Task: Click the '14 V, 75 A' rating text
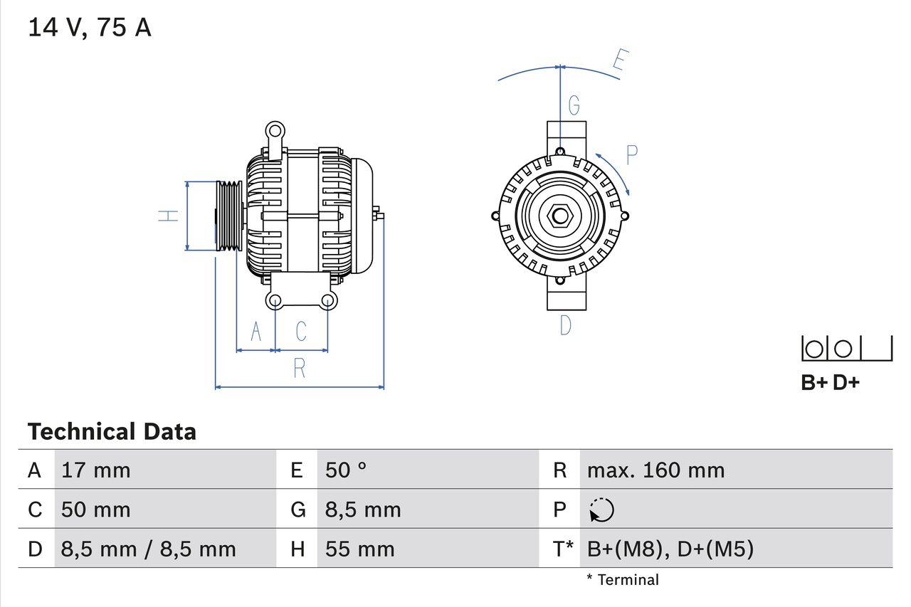coord(90,27)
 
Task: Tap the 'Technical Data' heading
coord(112,431)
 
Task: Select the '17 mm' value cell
coord(95,470)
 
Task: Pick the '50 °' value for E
coord(346,470)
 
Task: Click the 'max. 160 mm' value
coord(655,470)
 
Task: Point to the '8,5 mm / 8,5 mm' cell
coord(148,549)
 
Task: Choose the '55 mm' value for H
coord(359,549)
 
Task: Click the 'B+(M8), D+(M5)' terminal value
coord(670,549)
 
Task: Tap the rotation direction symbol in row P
coord(601,510)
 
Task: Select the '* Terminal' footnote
coord(623,579)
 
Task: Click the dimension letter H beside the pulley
coord(168,215)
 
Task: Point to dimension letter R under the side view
coord(300,368)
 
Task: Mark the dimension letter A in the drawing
coord(256,331)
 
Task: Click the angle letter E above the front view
coord(620,63)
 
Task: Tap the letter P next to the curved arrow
coord(631,154)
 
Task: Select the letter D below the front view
coord(565,325)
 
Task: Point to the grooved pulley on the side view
coord(229,215)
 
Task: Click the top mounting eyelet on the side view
coord(275,131)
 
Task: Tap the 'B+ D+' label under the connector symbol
coord(830,383)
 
